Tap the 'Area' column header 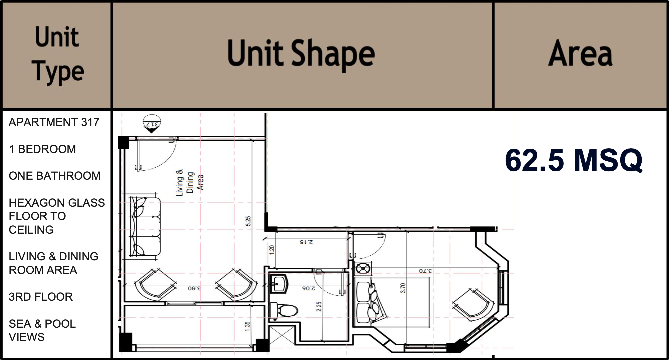(580, 54)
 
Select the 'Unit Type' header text (57, 55)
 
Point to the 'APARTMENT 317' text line (54, 122)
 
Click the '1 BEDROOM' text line (42, 149)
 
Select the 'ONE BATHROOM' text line (55, 176)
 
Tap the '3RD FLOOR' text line (41, 297)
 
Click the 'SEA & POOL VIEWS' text (42, 330)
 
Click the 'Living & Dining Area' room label (190, 182)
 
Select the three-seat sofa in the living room (144, 227)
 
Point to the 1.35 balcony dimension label (247, 326)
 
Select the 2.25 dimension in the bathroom (319, 307)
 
